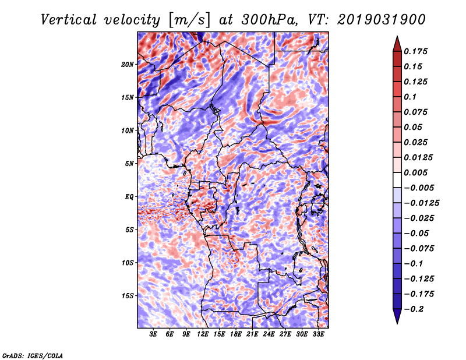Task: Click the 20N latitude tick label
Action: coord(128,64)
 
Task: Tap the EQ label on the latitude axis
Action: coord(129,197)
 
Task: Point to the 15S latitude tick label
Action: coord(128,296)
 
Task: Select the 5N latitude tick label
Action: coord(129,164)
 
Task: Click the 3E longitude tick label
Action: coord(153,334)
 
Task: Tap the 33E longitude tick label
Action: coord(318,334)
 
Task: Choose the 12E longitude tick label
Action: coord(202,334)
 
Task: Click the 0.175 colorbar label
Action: coord(415,51)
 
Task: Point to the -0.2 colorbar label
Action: coord(414,309)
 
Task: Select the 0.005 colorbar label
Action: coord(415,172)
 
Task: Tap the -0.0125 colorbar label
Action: coord(421,203)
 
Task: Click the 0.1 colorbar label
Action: coord(410,97)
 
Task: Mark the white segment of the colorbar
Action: coord(397,180)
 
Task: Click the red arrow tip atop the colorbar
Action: coord(397,37)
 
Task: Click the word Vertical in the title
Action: coord(69,20)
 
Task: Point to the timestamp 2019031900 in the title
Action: coord(382,20)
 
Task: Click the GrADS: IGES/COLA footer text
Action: coord(33,355)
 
